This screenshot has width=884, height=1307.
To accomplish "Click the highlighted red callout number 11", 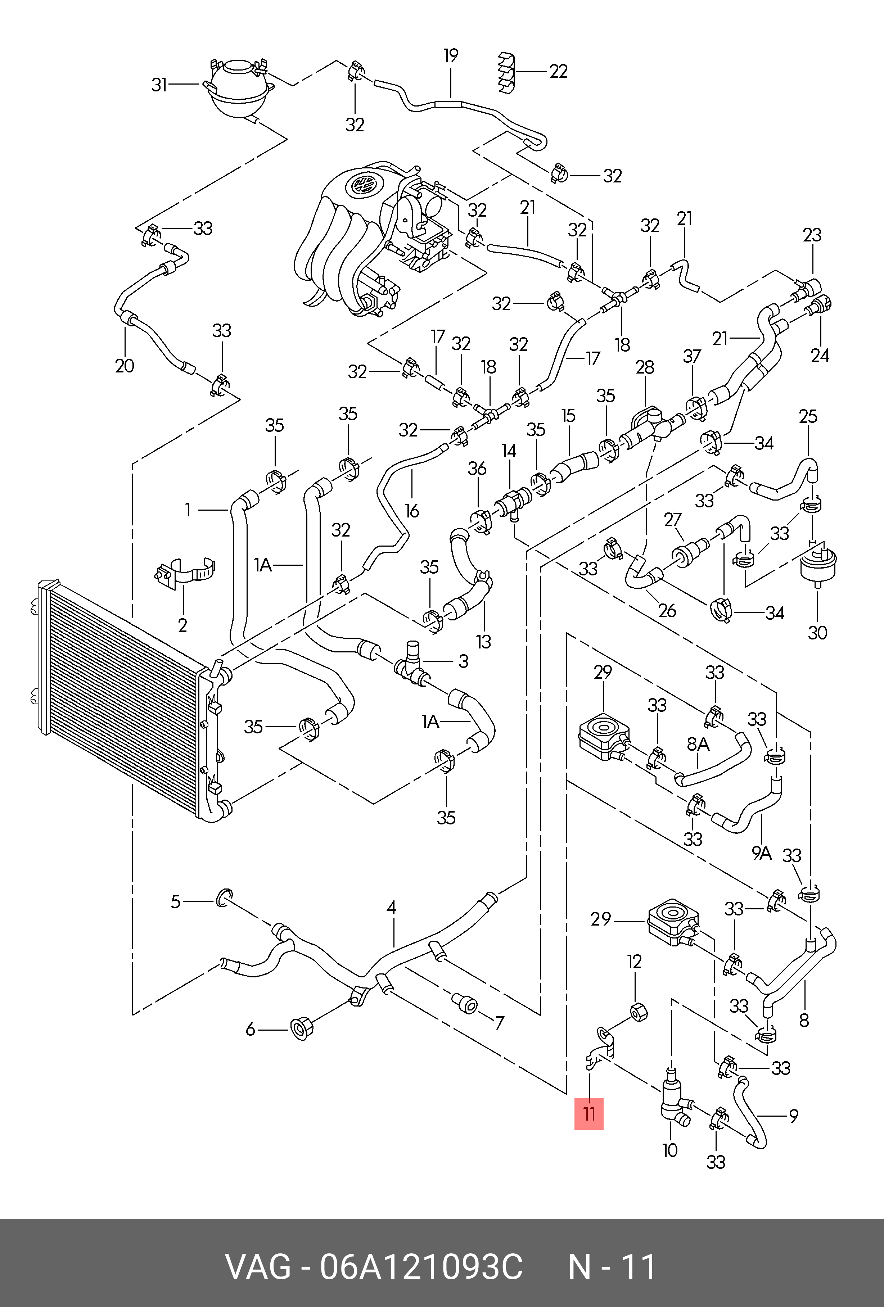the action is click(x=589, y=1113).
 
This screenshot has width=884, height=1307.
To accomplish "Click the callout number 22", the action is click(x=558, y=71).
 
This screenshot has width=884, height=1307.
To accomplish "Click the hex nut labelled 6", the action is click(x=301, y=1028).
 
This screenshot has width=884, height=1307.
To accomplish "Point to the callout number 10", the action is click(x=670, y=1150).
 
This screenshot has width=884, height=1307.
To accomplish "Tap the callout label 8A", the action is click(x=698, y=744).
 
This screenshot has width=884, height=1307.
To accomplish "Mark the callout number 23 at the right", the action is click(x=812, y=235).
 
